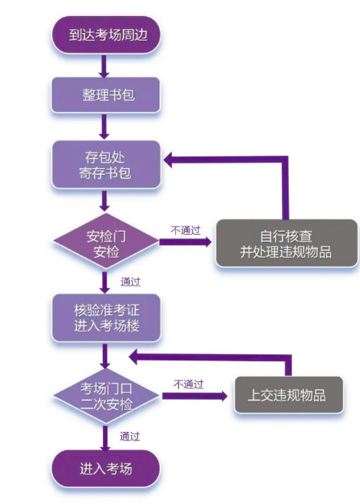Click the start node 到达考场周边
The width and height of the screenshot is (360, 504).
coord(106,35)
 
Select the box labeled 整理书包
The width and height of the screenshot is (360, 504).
coord(106,95)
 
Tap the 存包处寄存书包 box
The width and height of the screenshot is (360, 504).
coord(106,165)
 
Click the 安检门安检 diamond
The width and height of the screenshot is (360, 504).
coord(106,243)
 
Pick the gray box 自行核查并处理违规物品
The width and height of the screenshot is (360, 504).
coord(286,243)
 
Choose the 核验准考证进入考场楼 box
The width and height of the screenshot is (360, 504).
coord(106,318)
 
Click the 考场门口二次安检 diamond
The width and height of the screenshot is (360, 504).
coord(106,395)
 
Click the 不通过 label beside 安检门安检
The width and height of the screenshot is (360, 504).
coord(185,230)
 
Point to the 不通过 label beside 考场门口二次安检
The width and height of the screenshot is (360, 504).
coord(188,384)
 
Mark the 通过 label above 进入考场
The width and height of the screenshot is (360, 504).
coord(130,436)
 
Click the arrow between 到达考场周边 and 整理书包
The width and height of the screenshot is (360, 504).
coord(106,65)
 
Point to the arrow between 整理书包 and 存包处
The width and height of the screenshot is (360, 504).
coord(106,126)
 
